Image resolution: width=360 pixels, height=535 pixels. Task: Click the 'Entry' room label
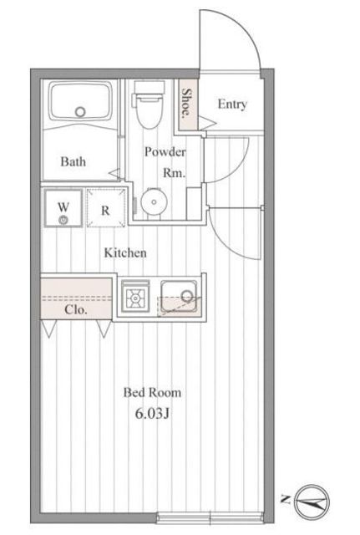coord(231,104)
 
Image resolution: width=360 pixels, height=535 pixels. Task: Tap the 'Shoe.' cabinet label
coord(189,104)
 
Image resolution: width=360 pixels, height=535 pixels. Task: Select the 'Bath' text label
coord(74,161)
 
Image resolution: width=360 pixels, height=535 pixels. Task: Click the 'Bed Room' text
coord(151,391)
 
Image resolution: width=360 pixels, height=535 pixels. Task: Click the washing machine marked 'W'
coord(63,209)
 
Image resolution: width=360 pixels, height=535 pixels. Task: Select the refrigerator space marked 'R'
coord(105,210)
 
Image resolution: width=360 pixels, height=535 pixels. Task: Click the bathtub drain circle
coord(81,111)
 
